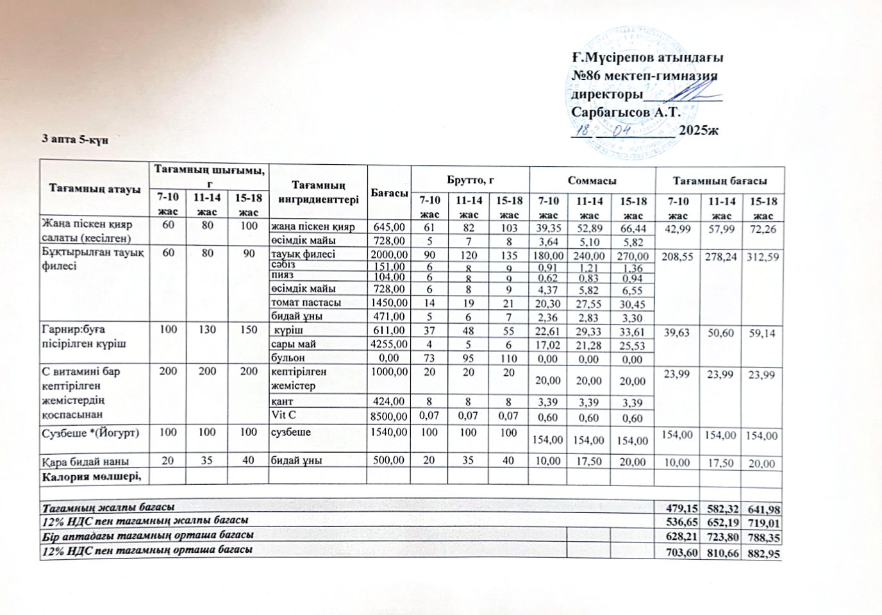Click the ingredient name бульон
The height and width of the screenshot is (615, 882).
coord(287,357)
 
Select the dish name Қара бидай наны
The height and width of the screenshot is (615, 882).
coord(85,461)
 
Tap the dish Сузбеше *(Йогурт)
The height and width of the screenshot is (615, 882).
coord(90,433)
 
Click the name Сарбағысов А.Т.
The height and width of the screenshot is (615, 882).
coord(625,112)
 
